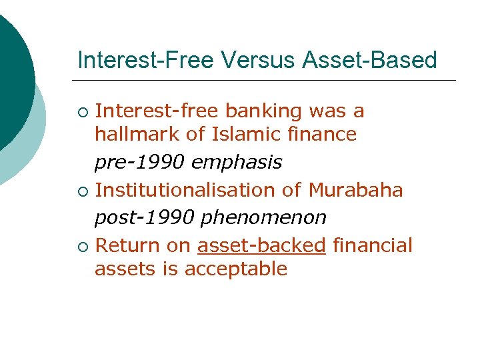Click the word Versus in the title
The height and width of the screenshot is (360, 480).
coord(257,61)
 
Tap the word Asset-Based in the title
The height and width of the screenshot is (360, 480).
coord(370,61)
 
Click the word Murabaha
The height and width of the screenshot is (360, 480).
coord(355,190)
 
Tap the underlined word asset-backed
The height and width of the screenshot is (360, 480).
coord(261,245)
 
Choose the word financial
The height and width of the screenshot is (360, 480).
coord(372,245)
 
